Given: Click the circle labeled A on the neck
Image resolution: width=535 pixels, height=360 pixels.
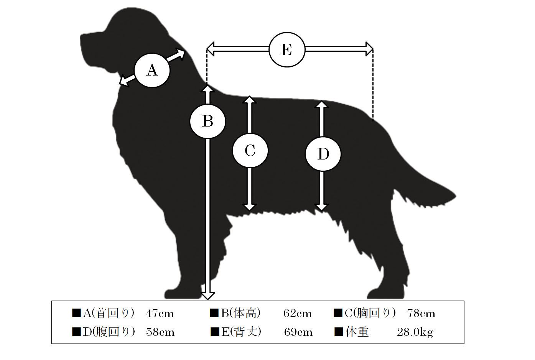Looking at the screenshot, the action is (x=152, y=71).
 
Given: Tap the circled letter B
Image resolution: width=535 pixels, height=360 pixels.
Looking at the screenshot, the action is (x=207, y=121).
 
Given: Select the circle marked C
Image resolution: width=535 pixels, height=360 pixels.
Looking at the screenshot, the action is (x=250, y=151).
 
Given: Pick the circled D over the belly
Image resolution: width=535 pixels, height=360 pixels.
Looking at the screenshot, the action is (x=323, y=154).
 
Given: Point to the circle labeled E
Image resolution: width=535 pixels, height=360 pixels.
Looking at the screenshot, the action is (x=287, y=50).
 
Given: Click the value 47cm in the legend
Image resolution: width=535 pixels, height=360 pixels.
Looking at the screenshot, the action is (x=160, y=314).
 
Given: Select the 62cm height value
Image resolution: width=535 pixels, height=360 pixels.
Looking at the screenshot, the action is (x=298, y=314).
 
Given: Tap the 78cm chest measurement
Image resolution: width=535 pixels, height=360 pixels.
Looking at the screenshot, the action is (x=421, y=314).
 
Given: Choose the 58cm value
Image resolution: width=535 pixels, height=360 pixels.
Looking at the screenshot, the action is (x=160, y=332).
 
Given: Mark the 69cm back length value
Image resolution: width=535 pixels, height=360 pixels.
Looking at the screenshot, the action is (x=298, y=332).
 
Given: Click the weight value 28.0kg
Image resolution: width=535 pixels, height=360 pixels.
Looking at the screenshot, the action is (x=415, y=332).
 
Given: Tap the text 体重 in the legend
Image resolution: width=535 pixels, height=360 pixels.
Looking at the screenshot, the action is (x=357, y=332).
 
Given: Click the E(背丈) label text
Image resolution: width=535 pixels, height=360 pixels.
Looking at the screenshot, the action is (x=241, y=332).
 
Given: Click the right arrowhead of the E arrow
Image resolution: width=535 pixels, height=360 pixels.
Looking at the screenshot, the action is (x=369, y=49).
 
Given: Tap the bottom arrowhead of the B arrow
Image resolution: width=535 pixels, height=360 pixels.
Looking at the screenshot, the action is (x=207, y=296).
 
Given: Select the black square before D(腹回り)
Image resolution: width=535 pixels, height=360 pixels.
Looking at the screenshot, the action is (x=76, y=332).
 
